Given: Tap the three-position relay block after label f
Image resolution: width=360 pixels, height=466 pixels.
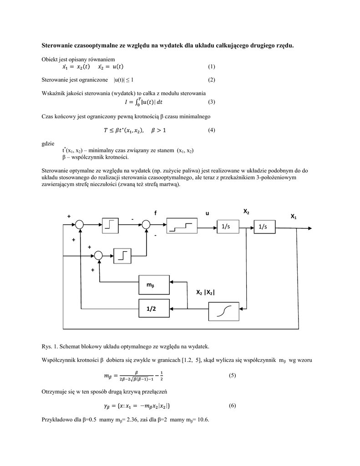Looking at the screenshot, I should coord(181,225).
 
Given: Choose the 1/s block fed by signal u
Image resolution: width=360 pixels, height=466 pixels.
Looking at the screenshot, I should coord(226,226).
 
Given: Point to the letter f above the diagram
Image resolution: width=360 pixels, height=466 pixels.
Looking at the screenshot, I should coord(155,213).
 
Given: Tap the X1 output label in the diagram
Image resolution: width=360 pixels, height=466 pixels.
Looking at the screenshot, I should coord(294,217).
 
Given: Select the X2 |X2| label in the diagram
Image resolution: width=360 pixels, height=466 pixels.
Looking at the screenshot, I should coord(205,293).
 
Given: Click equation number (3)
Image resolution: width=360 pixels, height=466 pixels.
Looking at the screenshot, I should coord(211,102).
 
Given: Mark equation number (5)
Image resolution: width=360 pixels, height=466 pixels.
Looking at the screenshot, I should coord(232,376).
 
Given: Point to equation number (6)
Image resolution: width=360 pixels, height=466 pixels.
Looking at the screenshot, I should coord(232,405).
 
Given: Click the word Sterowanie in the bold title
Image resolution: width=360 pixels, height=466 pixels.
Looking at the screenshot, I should coord(60,45).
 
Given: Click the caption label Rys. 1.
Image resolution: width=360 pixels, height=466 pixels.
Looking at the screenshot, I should coord(50,346).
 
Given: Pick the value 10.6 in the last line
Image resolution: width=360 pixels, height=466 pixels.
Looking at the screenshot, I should coord(203,419).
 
